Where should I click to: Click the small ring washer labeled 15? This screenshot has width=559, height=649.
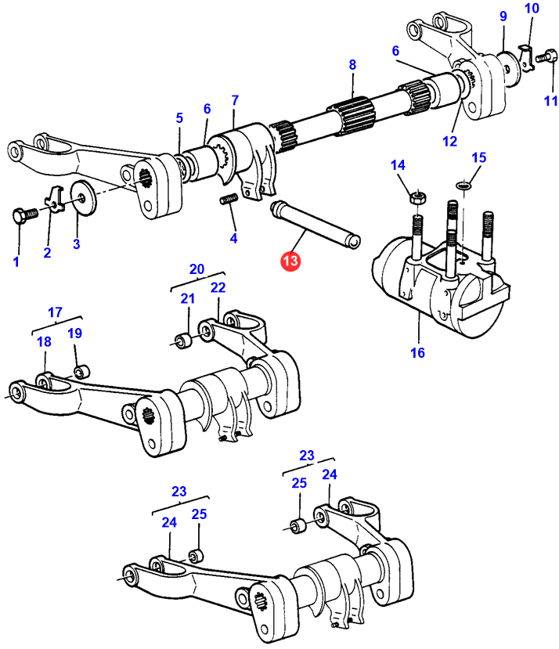coord(463,186)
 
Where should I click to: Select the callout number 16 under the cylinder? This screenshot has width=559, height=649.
coord(417,352)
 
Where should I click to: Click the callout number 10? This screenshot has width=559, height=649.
coord(532,9)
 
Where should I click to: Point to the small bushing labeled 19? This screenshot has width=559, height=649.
coord(79,369)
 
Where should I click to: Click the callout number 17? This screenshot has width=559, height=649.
coord(55,312)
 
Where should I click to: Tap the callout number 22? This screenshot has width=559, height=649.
coord(218,287)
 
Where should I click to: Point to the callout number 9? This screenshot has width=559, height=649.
coord(503,16)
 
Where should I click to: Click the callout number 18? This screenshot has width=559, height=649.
coord(44,341)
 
